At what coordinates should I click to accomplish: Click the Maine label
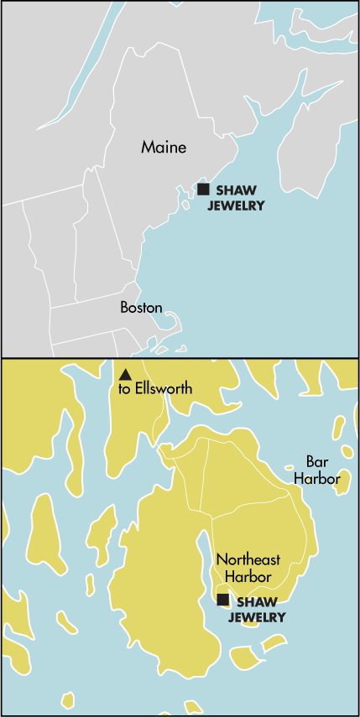click(x=164, y=148)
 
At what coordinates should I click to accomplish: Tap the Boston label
click(x=141, y=307)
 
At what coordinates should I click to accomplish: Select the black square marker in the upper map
click(x=203, y=190)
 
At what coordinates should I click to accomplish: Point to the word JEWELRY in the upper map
click(x=236, y=205)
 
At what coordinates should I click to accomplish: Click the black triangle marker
click(x=125, y=374)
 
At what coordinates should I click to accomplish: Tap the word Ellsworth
click(x=164, y=389)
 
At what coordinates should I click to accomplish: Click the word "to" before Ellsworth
click(x=124, y=389)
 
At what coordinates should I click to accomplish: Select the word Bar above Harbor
click(x=316, y=462)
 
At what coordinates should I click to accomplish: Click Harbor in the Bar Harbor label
click(x=317, y=478)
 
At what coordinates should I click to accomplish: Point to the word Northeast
click(x=248, y=559)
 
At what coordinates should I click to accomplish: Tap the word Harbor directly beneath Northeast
click(x=248, y=576)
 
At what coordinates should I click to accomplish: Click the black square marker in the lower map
click(x=222, y=600)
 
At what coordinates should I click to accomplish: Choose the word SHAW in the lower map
click(x=255, y=601)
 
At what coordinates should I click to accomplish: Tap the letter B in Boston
click(x=124, y=307)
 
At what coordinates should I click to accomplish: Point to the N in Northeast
click(x=221, y=559)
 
